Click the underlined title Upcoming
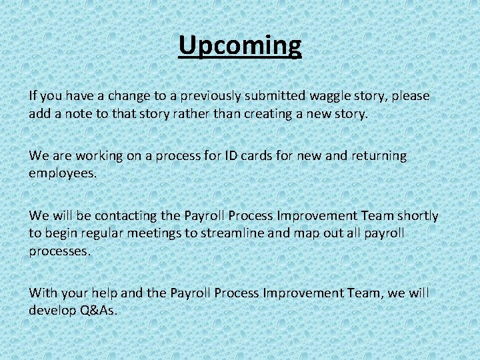point(240,45)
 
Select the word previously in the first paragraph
point(185,96)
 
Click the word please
point(411,96)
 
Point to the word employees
point(62,173)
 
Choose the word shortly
point(418,215)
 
